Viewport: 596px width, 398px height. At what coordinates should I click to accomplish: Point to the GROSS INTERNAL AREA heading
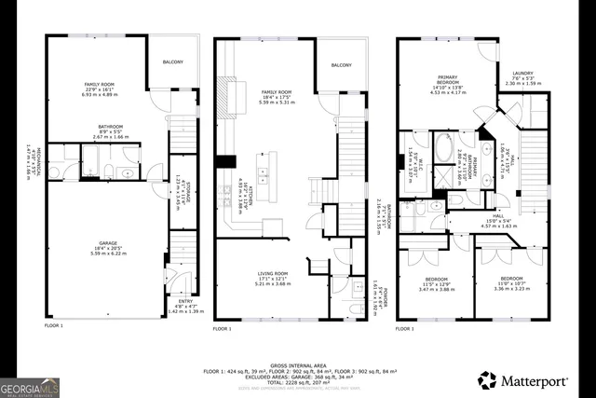[298, 366]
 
